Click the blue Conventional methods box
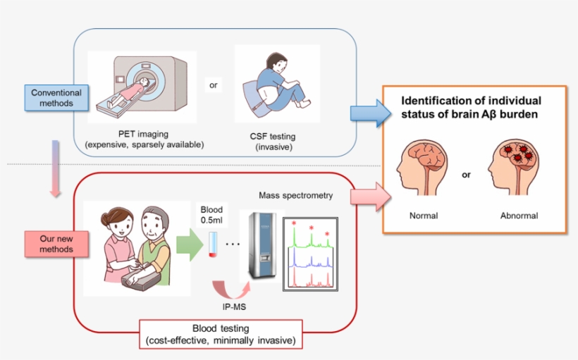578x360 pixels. point(56,98)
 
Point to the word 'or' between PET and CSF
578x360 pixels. point(214,85)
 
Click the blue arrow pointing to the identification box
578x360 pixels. point(369,112)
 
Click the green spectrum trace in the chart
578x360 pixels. point(311,240)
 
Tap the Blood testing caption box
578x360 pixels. point(221,335)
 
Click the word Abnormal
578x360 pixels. point(519,216)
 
